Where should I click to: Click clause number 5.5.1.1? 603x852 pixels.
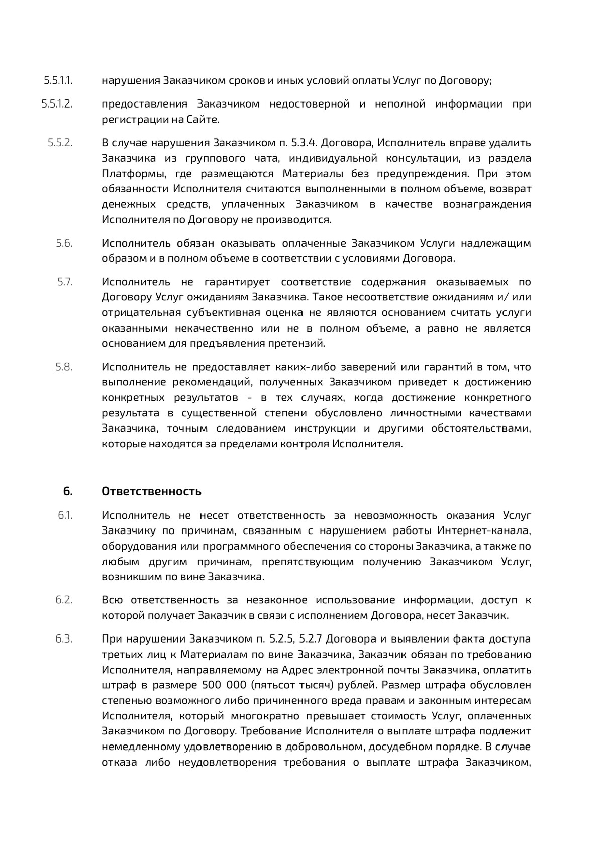[58, 80]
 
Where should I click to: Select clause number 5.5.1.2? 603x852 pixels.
[57, 104]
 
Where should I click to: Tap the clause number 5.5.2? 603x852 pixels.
[60, 143]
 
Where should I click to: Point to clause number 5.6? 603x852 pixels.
[64, 243]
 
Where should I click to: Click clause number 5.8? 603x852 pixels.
[64, 367]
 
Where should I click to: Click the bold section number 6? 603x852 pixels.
[67, 491]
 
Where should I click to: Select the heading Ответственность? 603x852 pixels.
[151, 491]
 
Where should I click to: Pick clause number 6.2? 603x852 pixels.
[64, 600]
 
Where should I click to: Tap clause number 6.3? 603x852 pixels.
[64, 639]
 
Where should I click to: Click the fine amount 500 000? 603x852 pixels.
[224, 685]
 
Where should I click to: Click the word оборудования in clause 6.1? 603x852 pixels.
[133, 546]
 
